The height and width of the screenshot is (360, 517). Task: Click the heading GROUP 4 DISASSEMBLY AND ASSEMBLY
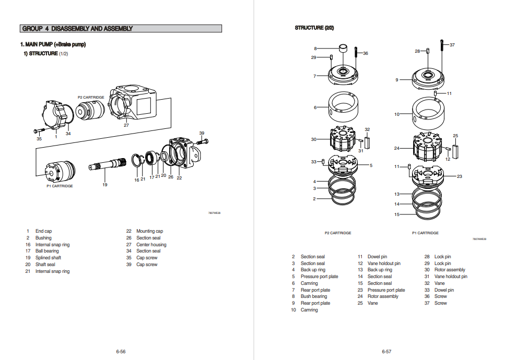coord(77,29)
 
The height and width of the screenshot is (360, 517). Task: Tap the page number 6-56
coord(121,352)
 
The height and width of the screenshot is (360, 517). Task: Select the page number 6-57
coord(386,352)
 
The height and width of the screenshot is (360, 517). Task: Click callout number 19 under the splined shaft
coord(104,185)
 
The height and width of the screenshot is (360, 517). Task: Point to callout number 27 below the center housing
coord(126,125)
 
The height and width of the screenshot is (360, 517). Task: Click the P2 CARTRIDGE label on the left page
coord(91,98)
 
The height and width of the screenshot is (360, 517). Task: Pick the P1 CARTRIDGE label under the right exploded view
coord(425,233)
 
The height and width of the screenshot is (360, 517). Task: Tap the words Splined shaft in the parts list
coord(48,258)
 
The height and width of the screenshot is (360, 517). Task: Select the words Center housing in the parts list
coord(151,245)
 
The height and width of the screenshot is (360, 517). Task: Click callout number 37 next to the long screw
coord(452,45)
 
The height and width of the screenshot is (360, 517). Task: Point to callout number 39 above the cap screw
coord(202,133)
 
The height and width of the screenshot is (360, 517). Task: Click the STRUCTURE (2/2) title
coord(314,28)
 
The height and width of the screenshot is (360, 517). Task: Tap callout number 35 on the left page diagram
coord(39,139)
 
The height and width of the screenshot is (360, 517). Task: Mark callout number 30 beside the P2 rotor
coord(313,139)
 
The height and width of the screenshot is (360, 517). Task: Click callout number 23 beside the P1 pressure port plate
coord(460,176)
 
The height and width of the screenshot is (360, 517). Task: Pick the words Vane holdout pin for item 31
coord(451,277)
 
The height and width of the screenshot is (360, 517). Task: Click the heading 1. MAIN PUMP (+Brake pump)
coord(53,44)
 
